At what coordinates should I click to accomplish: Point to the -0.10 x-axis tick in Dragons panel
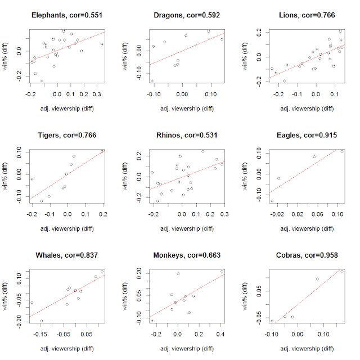[153, 94]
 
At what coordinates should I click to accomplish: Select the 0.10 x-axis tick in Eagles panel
[338, 214]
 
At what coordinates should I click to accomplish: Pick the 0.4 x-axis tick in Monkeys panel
[221, 335]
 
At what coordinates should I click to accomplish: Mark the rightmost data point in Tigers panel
[102, 151]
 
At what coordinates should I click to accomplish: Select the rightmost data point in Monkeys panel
[222, 271]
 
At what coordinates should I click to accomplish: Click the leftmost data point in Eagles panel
[272, 201]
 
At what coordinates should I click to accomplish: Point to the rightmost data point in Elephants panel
[102, 44]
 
